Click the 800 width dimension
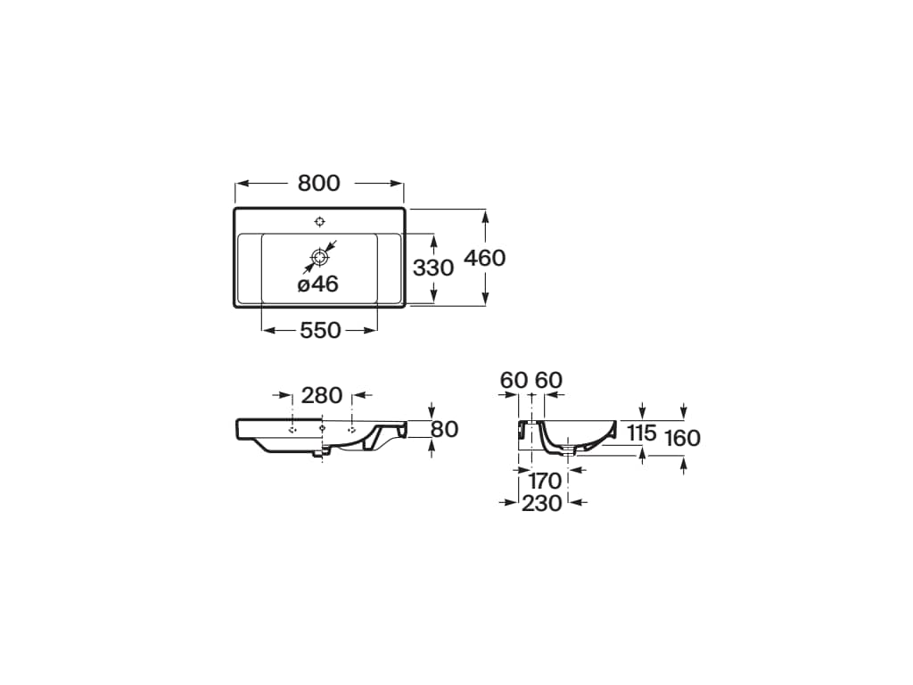318,184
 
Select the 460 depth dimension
484,258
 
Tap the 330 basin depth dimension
433,268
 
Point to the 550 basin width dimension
320,330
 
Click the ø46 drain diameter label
318,285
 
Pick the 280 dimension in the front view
321,395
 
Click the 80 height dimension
445,429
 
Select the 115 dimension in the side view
642,433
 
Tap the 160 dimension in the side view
682,438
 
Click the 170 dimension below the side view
545,481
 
